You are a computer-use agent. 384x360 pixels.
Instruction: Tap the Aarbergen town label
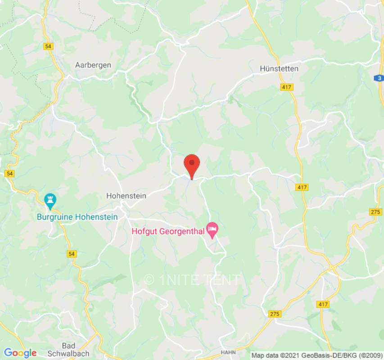point(93,65)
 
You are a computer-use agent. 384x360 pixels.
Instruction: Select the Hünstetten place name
point(279,68)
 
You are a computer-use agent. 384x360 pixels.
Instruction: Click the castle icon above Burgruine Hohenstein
point(50,199)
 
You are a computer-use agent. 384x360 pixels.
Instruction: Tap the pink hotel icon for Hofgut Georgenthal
point(212,229)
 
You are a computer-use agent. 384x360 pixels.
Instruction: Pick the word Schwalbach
point(69,354)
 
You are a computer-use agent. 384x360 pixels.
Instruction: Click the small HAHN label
point(228,352)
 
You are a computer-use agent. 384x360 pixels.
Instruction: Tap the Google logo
point(20,353)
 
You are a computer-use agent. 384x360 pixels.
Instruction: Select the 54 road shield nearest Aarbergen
point(48,46)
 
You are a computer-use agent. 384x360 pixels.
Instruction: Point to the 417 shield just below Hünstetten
point(286,87)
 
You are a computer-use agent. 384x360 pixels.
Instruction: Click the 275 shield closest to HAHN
point(275,314)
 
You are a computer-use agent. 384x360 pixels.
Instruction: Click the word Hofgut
point(144,232)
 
